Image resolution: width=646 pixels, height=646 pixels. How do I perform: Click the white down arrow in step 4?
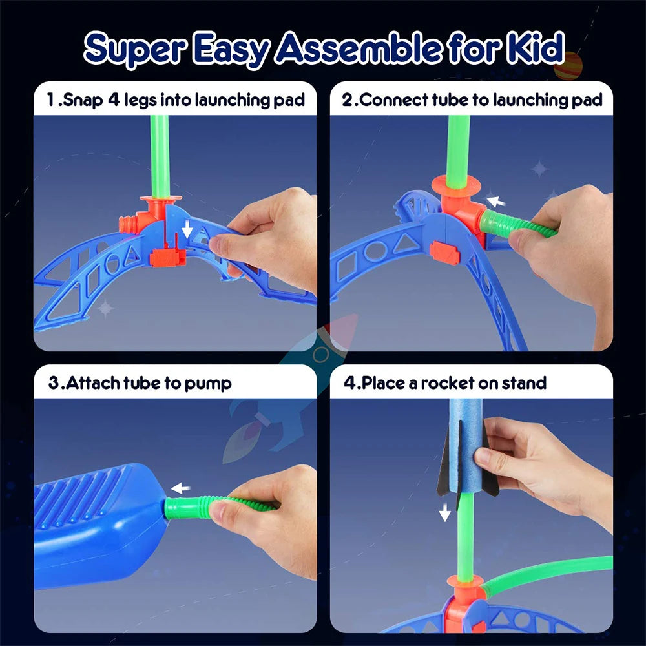(444, 513)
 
